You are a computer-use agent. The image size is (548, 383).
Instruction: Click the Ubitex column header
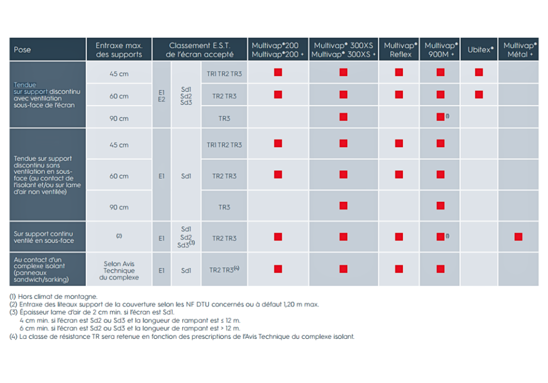[479, 50]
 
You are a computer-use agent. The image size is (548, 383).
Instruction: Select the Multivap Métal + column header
[518, 50]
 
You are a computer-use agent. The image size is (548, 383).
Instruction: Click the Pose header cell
[47, 50]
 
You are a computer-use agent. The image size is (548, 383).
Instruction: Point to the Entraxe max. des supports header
[119, 50]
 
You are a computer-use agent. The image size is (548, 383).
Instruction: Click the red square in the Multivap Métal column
[518, 237]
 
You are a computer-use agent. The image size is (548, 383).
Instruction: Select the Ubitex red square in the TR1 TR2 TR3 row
[479, 72]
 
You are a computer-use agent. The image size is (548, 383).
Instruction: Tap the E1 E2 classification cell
[161, 96]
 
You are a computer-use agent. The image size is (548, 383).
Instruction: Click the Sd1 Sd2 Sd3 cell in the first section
[186, 96]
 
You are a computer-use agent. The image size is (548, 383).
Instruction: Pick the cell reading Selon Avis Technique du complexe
[119, 270]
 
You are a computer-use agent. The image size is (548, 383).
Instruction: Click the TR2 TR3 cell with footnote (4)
[224, 269]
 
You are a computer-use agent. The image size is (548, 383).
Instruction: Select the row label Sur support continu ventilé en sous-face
[44, 237]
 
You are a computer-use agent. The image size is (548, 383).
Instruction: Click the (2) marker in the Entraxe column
[119, 236]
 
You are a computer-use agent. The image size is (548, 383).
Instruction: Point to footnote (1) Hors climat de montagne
[53, 296]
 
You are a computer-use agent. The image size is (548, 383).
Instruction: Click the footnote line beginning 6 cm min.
[130, 328]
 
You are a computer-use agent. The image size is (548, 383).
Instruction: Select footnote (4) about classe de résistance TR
[182, 337]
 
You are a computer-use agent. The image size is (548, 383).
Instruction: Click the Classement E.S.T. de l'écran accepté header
[200, 50]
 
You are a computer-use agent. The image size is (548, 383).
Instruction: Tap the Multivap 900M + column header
[440, 50]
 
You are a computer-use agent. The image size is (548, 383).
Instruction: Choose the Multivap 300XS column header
[344, 50]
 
